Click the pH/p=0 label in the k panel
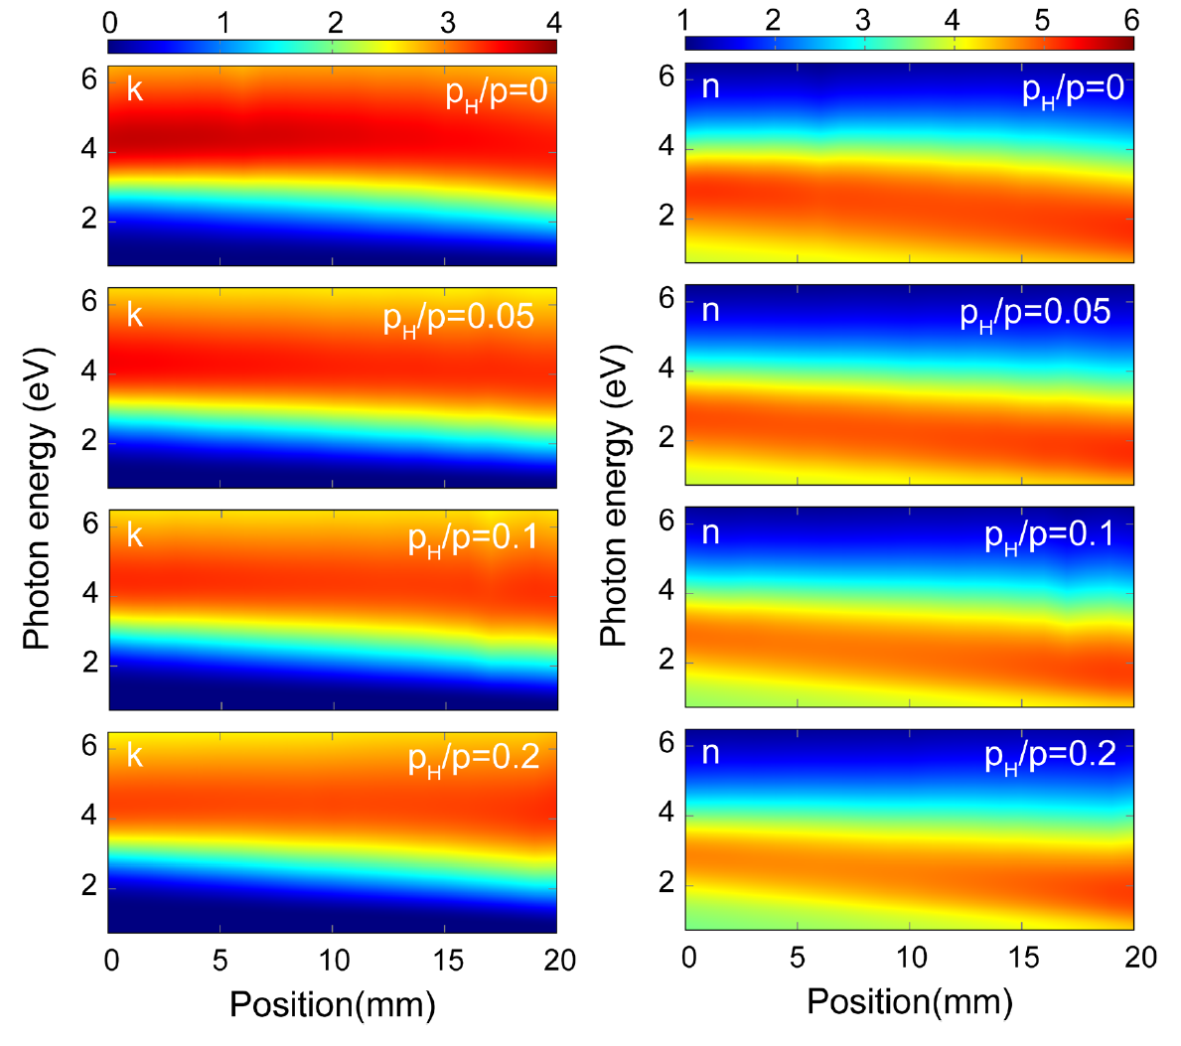(x=496, y=93)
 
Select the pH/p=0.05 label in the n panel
(x=1035, y=314)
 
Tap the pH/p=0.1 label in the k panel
(x=473, y=539)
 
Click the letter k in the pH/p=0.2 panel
(x=135, y=756)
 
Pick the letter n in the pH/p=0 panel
(x=710, y=87)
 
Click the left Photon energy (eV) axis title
(x=37, y=499)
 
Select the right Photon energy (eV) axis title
(x=615, y=496)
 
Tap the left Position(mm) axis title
(x=333, y=1004)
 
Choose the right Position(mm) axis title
(x=910, y=1001)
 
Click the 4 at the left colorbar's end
(x=553, y=22)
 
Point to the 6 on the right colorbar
(x=1131, y=20)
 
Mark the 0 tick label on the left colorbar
(x=110, y=22)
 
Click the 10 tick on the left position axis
(x=335, y=960)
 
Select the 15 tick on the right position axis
(x=1024, y=957)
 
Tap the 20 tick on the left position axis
(x=560, y=960)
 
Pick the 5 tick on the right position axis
(x=797, y=957)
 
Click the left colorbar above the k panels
(x=332, y=46)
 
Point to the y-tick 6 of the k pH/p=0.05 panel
(x=89, y=300)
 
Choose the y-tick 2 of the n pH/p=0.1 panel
(x=667, y=661)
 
